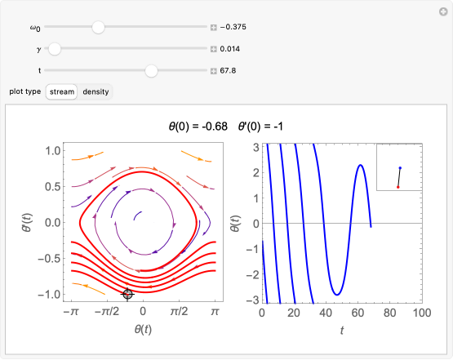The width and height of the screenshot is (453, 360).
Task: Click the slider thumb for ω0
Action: [99, 27]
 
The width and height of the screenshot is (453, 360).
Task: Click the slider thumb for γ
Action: [55, 49]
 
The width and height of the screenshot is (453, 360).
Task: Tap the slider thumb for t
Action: [151, 71]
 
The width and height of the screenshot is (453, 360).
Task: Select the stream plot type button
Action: [61, 91]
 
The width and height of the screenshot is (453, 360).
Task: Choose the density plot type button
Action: [95, 91]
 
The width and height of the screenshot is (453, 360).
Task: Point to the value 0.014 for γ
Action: [230, 49]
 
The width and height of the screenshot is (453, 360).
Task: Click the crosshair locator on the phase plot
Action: [127, 294]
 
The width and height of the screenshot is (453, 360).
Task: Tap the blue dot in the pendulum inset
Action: [400, 168]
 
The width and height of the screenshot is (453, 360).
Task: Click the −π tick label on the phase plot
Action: [71, 313]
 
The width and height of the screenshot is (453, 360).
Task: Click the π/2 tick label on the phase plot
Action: [179, 313]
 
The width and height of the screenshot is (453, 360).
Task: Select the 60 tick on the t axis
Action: [358, 313]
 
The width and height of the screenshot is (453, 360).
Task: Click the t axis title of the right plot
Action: [341, 330]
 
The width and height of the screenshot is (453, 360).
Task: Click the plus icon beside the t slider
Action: [214, 71]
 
